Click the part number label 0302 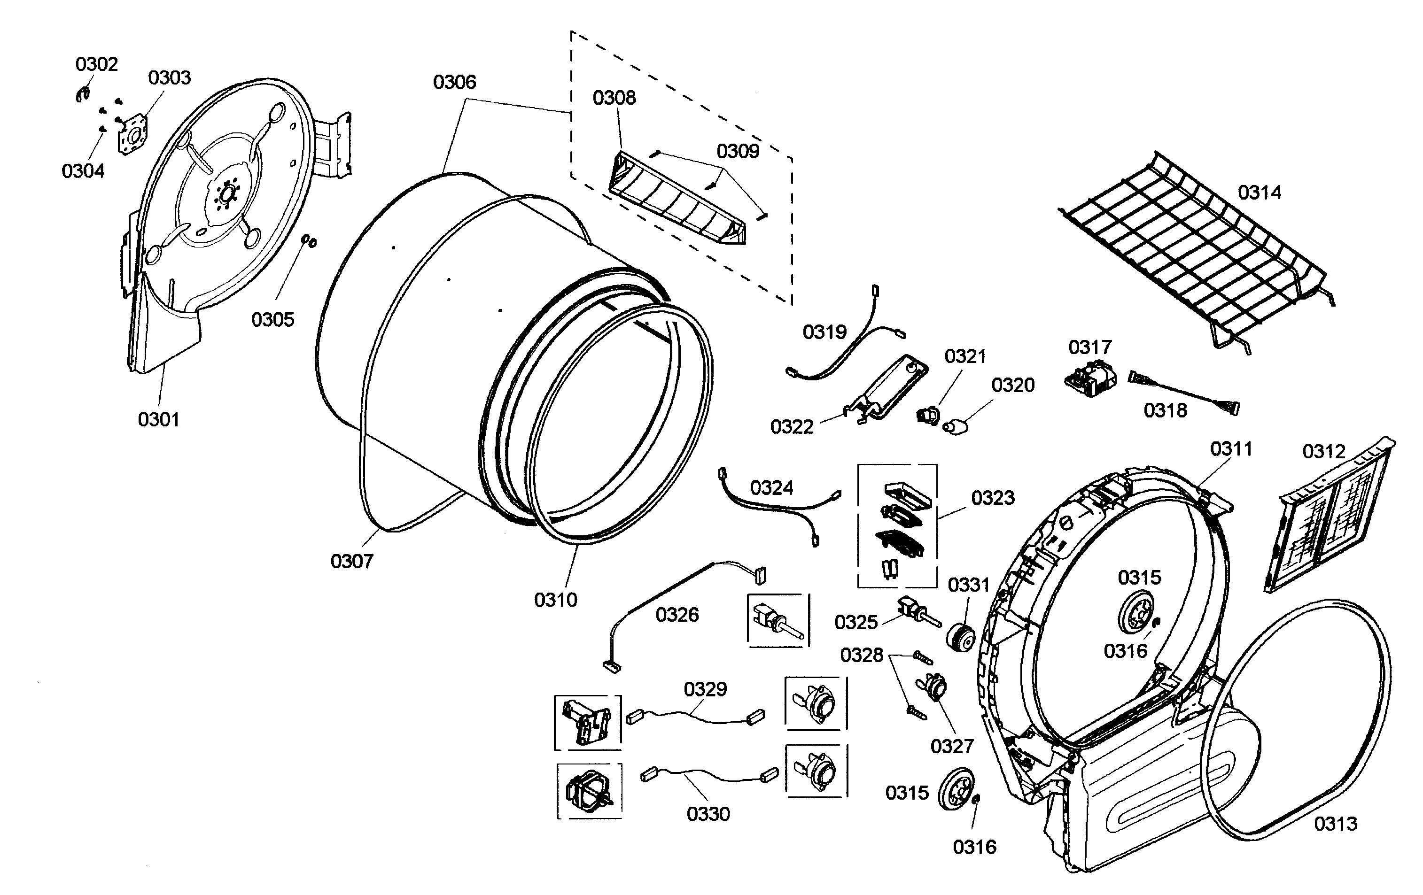click(x=96, y=64)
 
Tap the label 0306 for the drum click(x=454, y=82)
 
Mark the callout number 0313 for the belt click(x=1335, y=824)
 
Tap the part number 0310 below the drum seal click(x=555, y=600)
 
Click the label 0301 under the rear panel click(x=158, y=420)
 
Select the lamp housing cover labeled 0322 click(x=886, y=390)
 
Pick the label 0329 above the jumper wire click(x=705, y=689)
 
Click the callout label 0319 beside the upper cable click(x=824, y=332)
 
